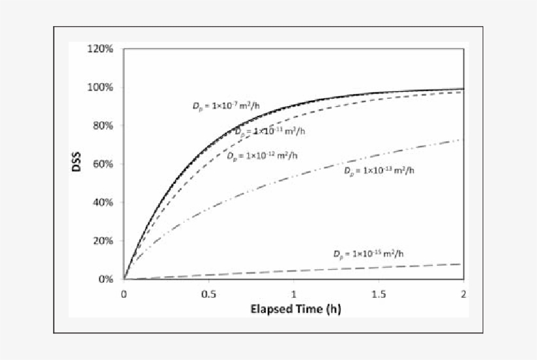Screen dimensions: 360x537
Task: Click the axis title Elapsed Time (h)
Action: point(293,308)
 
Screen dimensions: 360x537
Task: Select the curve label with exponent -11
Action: point(270,132)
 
